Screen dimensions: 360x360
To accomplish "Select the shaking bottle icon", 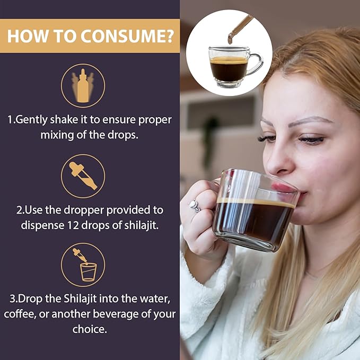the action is pyautogui.click(x=83, y=86).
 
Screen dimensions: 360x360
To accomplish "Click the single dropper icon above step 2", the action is pyautogui.click(x=83, y=176).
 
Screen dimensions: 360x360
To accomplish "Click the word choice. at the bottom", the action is pyautogui.click(x=90, y=329).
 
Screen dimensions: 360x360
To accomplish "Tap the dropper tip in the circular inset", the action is pyautogui.click(x=230, y=39).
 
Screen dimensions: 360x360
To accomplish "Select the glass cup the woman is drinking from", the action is pyautogui.click(x=254, y=210).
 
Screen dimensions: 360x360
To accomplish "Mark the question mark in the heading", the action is pyautogui.click(x=169, y=36).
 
